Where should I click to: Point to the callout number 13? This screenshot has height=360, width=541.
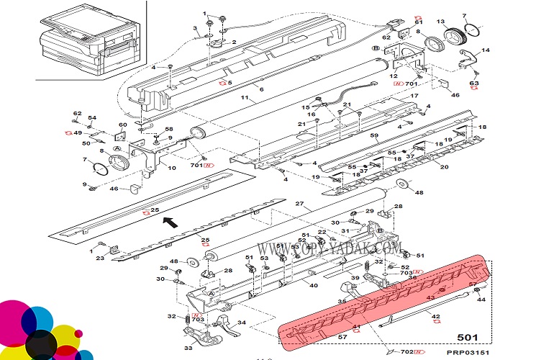tap(440, 22)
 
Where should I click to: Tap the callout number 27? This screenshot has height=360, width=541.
tap(300, 204)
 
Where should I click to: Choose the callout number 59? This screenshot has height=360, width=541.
tap(373, 136)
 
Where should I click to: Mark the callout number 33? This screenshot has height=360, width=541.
tap(189, 348)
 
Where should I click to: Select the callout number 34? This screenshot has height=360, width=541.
tap(242, 322)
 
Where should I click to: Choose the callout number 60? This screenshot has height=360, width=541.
tap(123, 125)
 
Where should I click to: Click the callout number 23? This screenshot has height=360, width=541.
tap(101, 256)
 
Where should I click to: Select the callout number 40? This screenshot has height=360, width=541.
tap(314, 285)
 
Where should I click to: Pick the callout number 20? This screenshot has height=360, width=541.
tap(444, 167)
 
